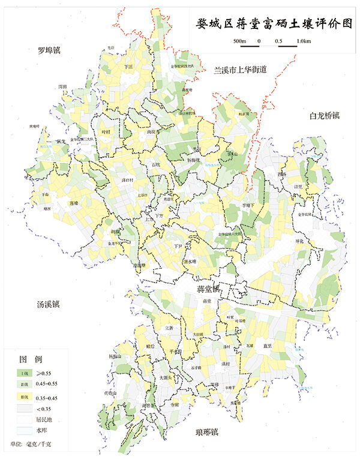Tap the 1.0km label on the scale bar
tap(303, 41)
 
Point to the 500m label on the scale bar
tap(240, 41)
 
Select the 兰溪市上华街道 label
tap(240, 70)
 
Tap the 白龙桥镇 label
tap(325, 115)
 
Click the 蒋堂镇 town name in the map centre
tap(209, 288)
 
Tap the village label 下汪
tap(128, 68)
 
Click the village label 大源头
tap(163, 377)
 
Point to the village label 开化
tap(300, 241)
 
